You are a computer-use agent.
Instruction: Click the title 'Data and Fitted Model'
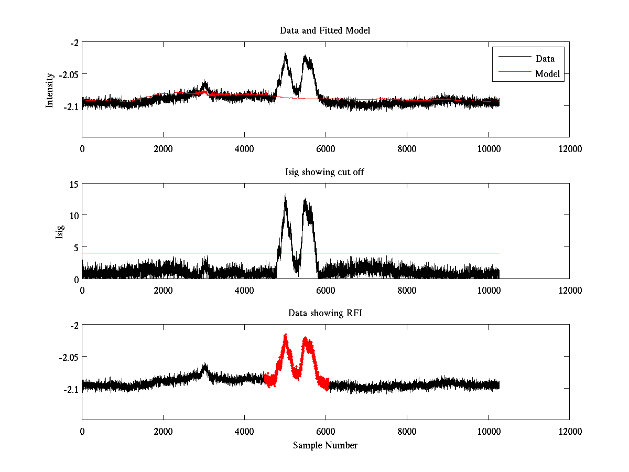[x=325, y=30]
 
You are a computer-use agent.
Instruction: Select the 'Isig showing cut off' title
[x=325, y=172]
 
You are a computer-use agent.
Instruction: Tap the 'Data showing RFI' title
[x=325, y=313]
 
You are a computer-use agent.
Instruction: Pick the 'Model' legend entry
[x=547, y=74]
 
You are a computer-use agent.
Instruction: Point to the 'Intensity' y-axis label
[x=50, y=90]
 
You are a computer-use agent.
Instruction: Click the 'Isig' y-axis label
[x=59, y=231]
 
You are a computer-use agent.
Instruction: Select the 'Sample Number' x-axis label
[x=325, y=445]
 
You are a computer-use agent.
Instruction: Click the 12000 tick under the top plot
[x=569, y=149]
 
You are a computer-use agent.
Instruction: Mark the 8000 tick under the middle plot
[x=407, y=290]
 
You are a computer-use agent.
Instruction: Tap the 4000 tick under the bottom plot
[x=244, y=432]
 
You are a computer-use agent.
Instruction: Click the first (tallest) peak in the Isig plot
[x=285, y=195]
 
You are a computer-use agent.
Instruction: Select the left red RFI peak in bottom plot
[x=285, y=336]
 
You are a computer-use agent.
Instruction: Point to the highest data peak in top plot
[x=285, y=53]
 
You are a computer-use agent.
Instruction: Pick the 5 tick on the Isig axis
[x=75, y=247]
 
